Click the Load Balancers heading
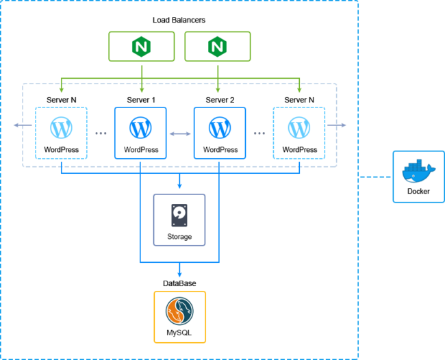point(179,20)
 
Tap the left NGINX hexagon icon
point(141,47)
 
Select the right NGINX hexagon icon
point(218,47)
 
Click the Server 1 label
point(141,100)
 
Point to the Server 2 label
point(220,100)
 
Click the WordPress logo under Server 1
point(141,127)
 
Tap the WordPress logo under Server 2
point(220,127)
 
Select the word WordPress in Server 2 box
point(220,150)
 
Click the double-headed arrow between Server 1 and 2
point(180,134)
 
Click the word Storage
point(179,237)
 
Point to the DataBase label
point(179,283)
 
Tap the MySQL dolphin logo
point(179,312)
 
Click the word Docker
point(418,192)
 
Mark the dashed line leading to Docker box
point(376,177)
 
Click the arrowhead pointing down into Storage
point(179,185)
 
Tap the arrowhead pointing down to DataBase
point(179,273)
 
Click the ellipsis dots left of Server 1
point(101,133)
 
